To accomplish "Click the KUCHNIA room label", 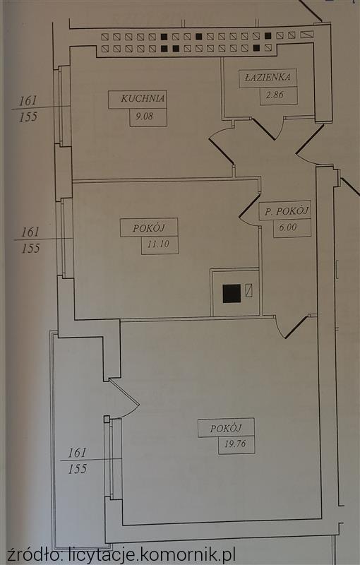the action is coord(143,98).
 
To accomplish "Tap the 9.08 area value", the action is coord(144,116).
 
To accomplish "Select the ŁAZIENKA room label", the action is coord(268,77).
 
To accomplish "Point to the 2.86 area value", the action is coord(275,95).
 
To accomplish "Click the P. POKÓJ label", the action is coord(287,210).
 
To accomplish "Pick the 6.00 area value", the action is coord(287,227).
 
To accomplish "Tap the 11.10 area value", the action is coord(158,244).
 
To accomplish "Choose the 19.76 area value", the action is coord(235,444).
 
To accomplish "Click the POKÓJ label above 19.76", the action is coord(226,429).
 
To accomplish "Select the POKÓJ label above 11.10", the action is coord(149,227).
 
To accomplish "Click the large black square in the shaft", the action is coord(232,293).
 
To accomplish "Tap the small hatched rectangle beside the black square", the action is coord(248,290).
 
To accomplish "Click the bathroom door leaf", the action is coord(264,129).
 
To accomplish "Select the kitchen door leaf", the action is coord(221,151).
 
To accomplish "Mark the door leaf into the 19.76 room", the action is coord(296,327).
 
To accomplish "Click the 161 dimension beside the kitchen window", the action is coord(28,101).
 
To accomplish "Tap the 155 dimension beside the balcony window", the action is coord(78,469).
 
